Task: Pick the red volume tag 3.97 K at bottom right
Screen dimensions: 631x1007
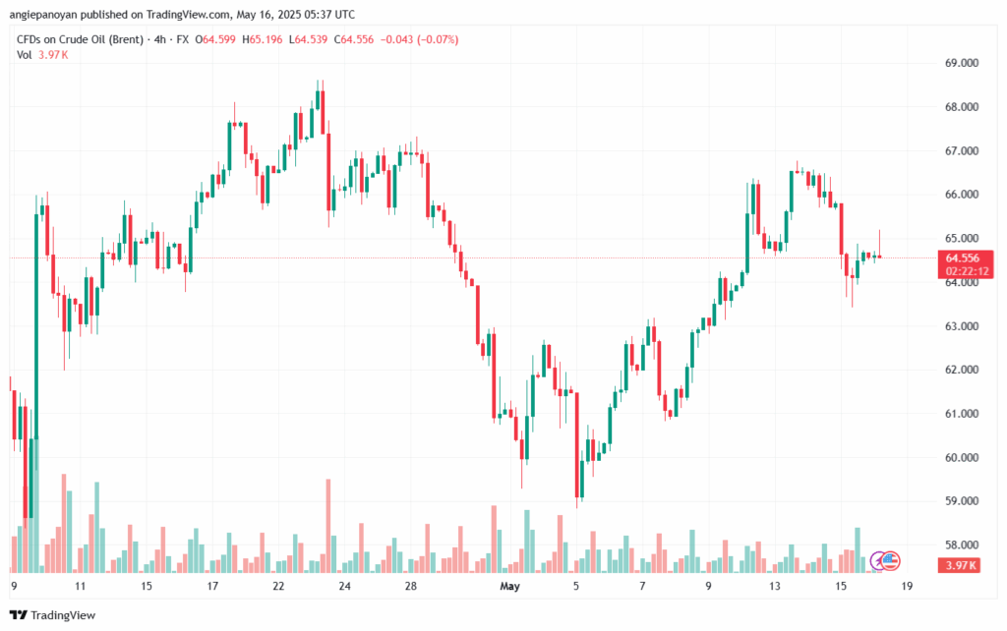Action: pyautogui.click(x=957, y=565)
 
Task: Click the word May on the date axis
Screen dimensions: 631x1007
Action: pyautogui.click(x=508, y=587)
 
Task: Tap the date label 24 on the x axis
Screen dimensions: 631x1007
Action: pyautogui.click(x=345, y=587)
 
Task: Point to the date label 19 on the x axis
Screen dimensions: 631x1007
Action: pyautogui.click(x=907, y=587)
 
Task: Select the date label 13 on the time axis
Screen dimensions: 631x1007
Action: pyautogui.click(x=775, y=587)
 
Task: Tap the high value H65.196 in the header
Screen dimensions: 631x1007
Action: pyautogui.click(x=275, y=39)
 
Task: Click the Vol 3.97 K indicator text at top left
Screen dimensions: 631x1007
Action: pyautogui.click(x=43, y=54)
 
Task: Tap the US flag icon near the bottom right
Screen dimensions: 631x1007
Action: pyautogui.click(x=891, y=561)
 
